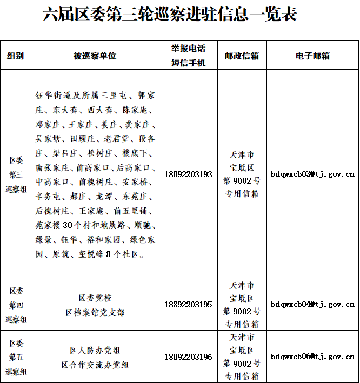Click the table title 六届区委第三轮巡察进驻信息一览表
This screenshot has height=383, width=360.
170,15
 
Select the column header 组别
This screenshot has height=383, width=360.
15,56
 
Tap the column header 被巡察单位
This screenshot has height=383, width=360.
95,56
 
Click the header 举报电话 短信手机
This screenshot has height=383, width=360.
189,56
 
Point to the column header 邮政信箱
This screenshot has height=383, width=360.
242,56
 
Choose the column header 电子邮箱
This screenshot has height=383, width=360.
312,56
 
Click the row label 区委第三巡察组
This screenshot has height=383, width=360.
16,174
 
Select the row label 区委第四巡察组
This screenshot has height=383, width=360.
16,305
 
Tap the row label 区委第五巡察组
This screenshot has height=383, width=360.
16,357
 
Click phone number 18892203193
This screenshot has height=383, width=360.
188,174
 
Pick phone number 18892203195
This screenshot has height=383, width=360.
188,305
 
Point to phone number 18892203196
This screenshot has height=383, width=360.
188,357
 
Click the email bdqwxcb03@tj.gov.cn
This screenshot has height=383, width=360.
312,174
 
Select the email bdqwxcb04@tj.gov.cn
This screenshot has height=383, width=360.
312,305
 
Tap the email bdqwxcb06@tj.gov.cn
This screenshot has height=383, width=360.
312,357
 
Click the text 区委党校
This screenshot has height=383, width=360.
95,298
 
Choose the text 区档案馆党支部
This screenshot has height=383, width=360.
95,312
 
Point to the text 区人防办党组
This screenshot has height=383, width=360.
95,350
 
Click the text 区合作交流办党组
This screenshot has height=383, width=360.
95,365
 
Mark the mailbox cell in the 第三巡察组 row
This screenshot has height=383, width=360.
242,174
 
